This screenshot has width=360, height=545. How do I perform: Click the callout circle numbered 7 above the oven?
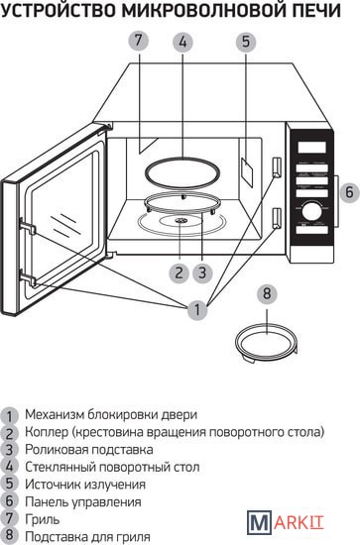pyautogui.click(x=139, y=41)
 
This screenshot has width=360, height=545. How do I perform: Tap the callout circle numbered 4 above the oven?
pyautogui.click(x=182, y=42)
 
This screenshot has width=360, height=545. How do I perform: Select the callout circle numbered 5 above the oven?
pyautogui.click(x=246, y=42)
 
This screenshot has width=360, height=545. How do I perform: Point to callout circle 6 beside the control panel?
pyautogui.click(x=349, y=192)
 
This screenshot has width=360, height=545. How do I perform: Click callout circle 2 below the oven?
pyautogui.click(x=180, y=272)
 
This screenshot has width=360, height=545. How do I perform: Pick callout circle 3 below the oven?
pyautogui.click(x=203, y=272)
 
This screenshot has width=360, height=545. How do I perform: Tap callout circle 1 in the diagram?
pyautogui.click(x=197, y=309)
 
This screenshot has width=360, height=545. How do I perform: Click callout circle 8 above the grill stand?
pyautogui.click(x=267, y=293)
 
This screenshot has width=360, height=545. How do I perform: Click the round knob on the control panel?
pyautogui.click(x=311, y=211)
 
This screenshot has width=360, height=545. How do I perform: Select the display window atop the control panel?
pyautogui.click(x=311, y=147)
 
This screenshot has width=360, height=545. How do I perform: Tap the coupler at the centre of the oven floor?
pyautogui.click(x=180, y=220)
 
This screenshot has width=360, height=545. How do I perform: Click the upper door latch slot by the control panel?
pyautogui.click(x=276, y=166)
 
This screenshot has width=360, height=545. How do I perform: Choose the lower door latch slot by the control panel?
pyautogui.click(x=276, y=218)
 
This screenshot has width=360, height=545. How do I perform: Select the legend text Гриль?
pyautogui.click(x=42, y=519)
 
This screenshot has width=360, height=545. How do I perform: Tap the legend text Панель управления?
pyautogui.click(x=83, y=502)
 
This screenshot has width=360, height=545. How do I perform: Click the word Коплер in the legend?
pyautogui.click(x=47, y=432)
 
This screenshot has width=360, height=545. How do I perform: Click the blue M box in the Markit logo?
pyautogui.click(x=259, y=521)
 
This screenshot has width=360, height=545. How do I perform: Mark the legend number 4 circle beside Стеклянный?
pyautogui.click(x=9, y=467)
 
